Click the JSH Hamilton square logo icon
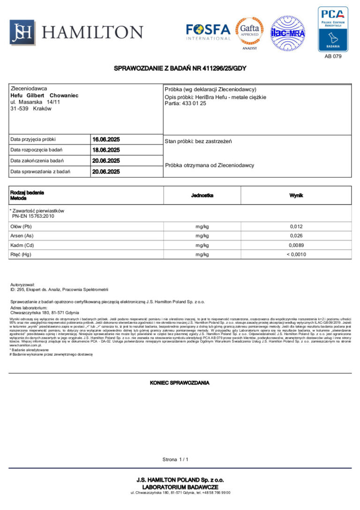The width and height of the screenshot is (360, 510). click(22, 32)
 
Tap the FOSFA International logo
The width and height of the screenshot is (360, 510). click(208, 32)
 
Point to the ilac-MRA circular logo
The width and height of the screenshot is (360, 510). click(288, 33)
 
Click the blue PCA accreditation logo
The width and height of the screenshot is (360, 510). click(333, 29)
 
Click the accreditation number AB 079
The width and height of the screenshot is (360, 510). click(333, 56)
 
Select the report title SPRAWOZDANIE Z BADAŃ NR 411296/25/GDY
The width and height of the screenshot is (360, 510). click(180, 69)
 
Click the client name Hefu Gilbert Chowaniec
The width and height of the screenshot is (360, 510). click(45, 95)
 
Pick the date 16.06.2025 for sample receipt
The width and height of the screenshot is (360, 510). click(106, 139)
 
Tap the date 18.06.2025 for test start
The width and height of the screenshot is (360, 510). click(106, 150)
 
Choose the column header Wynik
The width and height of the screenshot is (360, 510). click(296, 195)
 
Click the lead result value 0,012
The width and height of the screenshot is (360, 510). click(296, 227)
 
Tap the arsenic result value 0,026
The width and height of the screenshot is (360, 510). click(296, 236)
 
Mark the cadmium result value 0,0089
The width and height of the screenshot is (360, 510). click(296, 245)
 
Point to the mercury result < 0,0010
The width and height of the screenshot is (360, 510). click(296, 254)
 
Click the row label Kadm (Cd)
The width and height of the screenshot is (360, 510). click(22, 245)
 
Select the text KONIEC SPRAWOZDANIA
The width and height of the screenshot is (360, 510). click(180, 383)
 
